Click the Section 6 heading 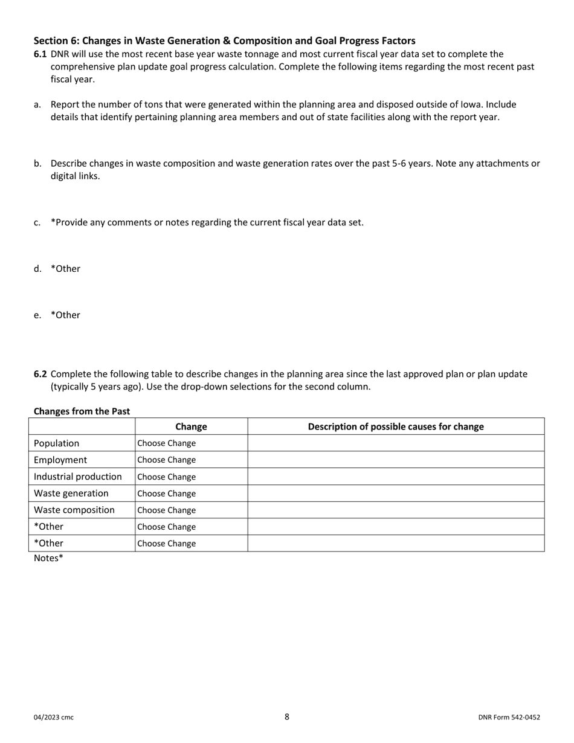pyautogui.click(x=224, y=40)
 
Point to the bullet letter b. pyautogui.click(x=37, y=163)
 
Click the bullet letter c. pyautogui.click(x=37, y=222)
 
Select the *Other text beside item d pyautogui.click(x=65, y=269)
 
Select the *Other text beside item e pyautogui.click(x=65, y=315)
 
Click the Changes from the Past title pyautogui.click(x=82, y=411)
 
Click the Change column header pyautogui.click(x=191, y=426)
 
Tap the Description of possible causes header pyautogui.click(x=396, y=426)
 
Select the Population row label pyautogui.click(x=56, y=443)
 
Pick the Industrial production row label pyautogui.click(x=77, y=477)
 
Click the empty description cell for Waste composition pyautogui.click(x=396, y=510)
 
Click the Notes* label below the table pyautogui.click(x=48, y=558)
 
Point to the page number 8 pyautogui.click(x=287, y=717)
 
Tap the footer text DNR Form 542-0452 pyautogui.click(x=509, y=718)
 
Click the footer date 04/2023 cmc pyautogui.click(x=54, y=718)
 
